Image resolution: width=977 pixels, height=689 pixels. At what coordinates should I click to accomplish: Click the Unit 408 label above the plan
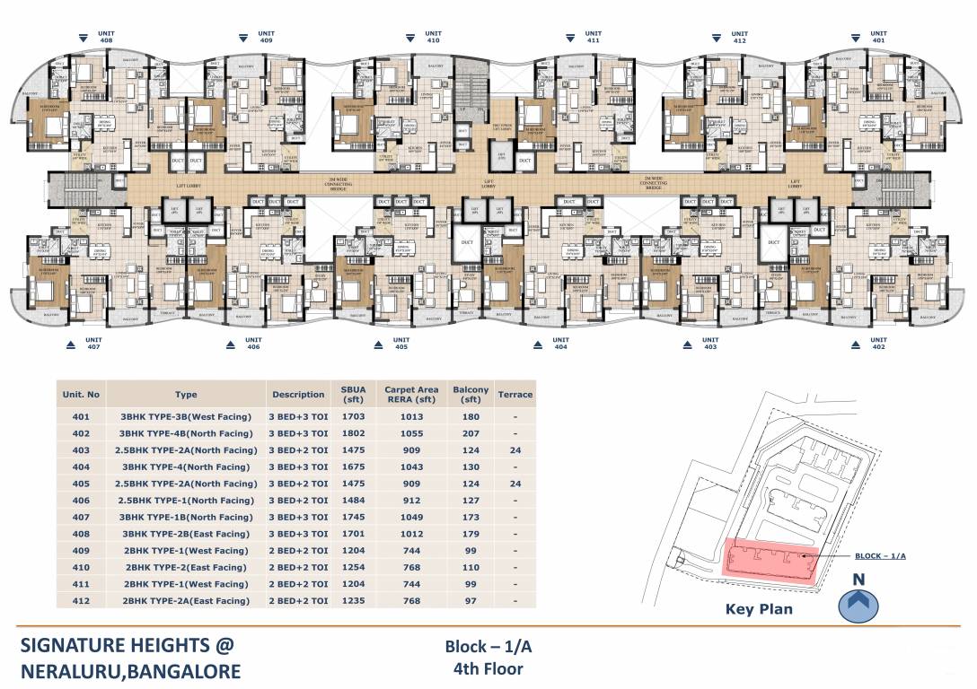(106, 37)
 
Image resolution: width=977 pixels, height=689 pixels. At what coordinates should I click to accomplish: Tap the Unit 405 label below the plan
(400, 344)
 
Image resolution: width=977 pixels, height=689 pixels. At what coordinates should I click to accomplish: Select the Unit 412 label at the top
(740, 37)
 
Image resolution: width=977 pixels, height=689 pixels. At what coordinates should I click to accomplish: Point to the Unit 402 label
(877, 344)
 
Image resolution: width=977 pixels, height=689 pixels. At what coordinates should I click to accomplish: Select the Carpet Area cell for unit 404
(411, 467)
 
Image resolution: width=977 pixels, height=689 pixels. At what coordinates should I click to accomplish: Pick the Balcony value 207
(471, 433)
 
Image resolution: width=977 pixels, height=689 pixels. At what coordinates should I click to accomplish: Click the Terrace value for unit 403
(515, 450)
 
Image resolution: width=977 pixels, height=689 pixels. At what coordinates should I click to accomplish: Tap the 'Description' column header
(298, 394)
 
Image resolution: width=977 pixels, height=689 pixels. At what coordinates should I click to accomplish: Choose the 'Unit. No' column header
(81, 394)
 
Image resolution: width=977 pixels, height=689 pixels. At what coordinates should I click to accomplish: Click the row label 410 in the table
(81, 567)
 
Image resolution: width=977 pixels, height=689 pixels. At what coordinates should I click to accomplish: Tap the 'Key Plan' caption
(759, 608)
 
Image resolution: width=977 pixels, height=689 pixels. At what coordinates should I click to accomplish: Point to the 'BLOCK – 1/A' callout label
(880, 556)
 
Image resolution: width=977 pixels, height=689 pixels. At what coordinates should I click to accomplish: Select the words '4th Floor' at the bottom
(488, 667)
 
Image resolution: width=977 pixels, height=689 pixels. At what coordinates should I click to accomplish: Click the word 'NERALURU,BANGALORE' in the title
(130, 670)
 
